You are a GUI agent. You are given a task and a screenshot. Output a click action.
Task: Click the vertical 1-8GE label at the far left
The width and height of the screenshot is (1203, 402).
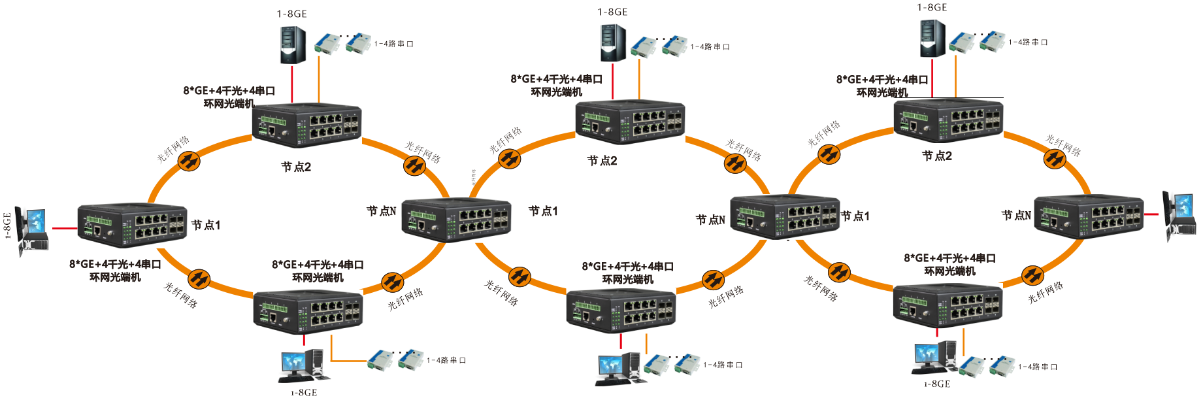click(x=8, y=226)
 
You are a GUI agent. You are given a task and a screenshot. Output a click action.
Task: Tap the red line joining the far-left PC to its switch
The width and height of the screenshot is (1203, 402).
click(x=64, y=228)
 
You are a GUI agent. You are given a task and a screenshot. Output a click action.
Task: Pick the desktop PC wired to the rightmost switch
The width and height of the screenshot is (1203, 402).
click(x=1179, y=216)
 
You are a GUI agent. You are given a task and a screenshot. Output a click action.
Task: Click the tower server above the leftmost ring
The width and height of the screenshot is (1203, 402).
click(x=293, y=44)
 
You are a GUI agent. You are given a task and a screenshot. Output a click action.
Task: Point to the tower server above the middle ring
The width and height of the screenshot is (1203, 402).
click(x=613, y=43)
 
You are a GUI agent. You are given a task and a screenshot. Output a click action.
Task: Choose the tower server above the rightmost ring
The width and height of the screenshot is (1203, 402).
click(x=932, y=39)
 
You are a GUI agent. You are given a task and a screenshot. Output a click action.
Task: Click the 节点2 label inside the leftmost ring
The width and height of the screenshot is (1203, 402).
click(x=296, y=167)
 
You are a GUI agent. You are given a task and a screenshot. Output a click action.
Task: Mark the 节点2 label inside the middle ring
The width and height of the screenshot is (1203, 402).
click(x=602, y=161)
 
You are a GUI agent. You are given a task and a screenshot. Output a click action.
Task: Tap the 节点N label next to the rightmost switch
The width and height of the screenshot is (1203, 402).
click(x=1016, y=215)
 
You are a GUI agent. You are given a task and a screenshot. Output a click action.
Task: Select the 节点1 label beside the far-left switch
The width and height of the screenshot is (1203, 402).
click(x=206, y=226)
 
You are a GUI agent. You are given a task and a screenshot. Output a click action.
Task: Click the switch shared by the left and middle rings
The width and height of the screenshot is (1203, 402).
click(x=456, y=219)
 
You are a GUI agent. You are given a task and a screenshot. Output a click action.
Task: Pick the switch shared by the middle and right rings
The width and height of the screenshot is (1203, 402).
click(x=784, y=216)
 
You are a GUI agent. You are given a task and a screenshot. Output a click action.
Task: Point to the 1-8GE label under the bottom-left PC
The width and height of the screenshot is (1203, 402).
click(x=304, y=393)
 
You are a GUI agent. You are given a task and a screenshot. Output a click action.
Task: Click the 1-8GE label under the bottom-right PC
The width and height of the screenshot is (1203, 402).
click(x=937, y=384)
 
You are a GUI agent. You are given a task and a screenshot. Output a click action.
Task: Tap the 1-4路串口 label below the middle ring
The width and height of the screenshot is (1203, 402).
click(x=723, y=365)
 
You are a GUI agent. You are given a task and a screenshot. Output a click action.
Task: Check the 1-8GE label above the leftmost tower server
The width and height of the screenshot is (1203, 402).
click(x=291, y=14)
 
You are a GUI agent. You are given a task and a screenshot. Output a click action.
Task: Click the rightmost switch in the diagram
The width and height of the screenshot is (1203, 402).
click(x=1089, y=216)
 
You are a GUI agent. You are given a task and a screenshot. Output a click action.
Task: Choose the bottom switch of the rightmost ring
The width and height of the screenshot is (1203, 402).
click(x=948, y=305)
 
